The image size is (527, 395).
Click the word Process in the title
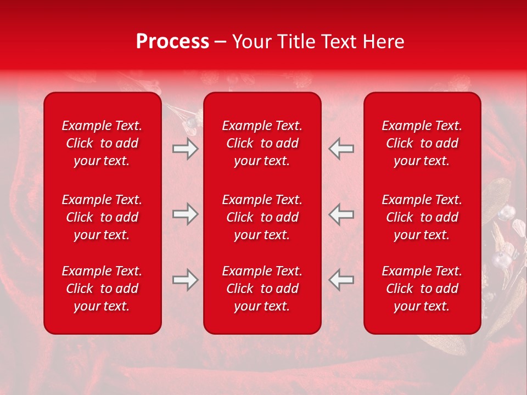pos(172,42)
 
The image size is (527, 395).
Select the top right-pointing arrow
pos(186,149)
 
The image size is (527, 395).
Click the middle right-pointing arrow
pos(186,214)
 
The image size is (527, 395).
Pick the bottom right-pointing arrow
pos(186,280)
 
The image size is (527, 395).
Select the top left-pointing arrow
pos(341,149)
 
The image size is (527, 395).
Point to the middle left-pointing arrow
pos(341,214)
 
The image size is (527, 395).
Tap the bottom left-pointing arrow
pos(341,280)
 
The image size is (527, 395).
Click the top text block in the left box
pos(102,143)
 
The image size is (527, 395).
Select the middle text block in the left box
pos(102,217)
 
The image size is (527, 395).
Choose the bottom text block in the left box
pos(102,289)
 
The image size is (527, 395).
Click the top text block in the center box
pos(262,143)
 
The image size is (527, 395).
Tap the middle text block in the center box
pos(262,217)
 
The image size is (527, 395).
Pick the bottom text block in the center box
pos(262,289)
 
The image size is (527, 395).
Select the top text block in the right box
pos(422,143)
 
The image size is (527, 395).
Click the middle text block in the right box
pos(422,217)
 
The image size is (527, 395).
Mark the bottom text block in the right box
pos(422,289)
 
